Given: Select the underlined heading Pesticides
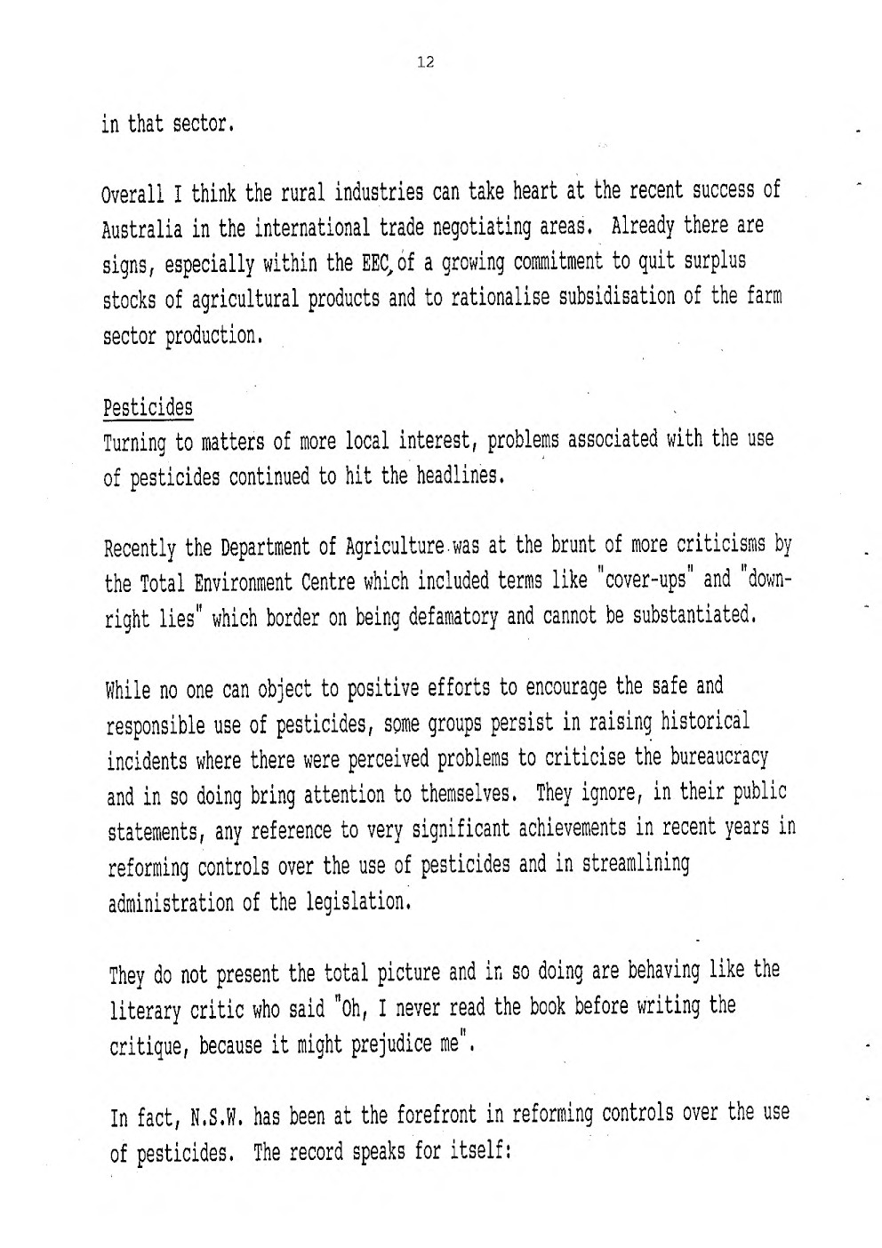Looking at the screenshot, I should coord(148,409).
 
